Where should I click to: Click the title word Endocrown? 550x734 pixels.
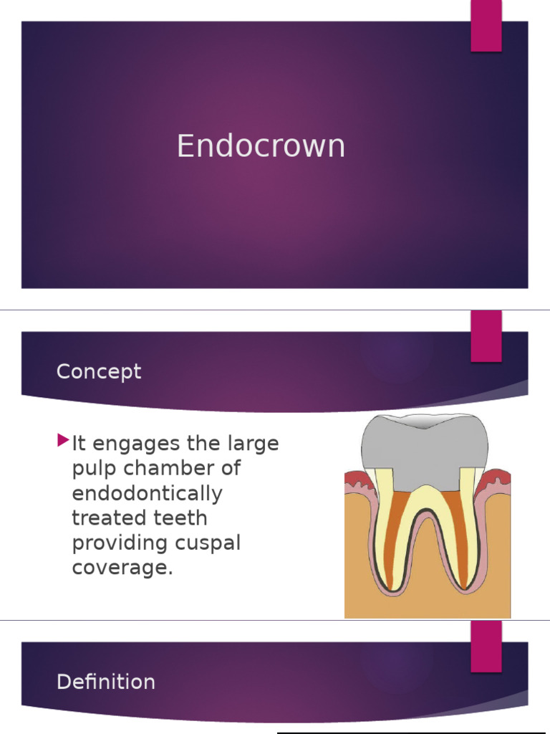click(261, 146)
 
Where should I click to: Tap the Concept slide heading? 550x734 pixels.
click(99, 372)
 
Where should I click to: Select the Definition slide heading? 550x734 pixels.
click(105, 682)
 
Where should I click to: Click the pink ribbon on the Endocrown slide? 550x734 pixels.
click(486, 26)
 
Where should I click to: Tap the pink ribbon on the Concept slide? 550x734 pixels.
click(486, 337)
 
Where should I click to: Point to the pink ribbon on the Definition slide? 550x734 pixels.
click(486, 647)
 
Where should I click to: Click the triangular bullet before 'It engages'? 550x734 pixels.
click(63, 439)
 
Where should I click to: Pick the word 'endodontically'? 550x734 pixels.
click(147, 495)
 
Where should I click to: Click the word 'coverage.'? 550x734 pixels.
click(122, 568)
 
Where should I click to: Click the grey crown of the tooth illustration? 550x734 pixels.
click(425, 448)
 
